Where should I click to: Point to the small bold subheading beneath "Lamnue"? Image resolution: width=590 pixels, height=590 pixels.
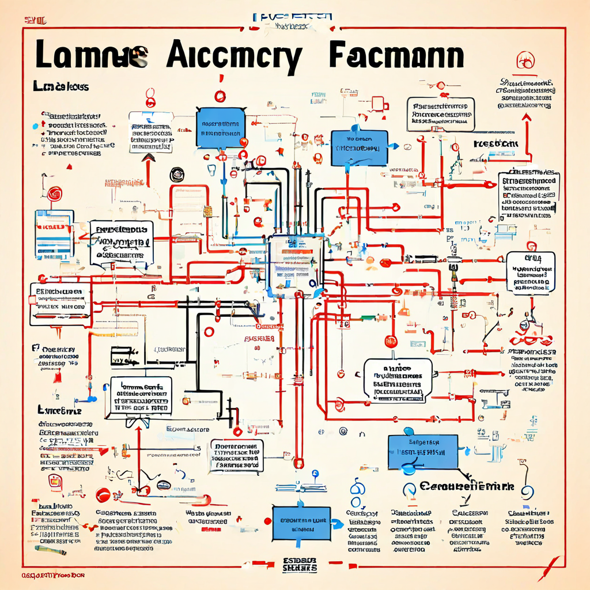(x=60, y=87)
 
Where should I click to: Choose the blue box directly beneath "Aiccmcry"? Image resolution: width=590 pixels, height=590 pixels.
(x=219, y=128)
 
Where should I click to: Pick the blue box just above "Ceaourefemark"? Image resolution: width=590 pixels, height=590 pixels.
(x=422, y=451)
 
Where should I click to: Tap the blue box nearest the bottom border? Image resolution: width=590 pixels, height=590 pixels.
(x=300, y=523)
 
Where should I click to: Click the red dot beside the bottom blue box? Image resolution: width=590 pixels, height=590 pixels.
(x=267, y=521)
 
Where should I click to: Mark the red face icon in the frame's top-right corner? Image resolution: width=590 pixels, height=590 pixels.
(x=524, y=58)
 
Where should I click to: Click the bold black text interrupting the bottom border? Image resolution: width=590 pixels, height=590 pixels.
(x=300, y=564)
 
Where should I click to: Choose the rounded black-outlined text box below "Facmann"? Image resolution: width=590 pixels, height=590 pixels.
(x=441, y=112)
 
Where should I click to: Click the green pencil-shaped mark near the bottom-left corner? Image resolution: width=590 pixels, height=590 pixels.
(x=48, y=550)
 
